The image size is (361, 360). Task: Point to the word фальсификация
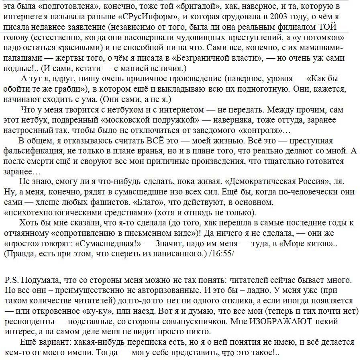pyautogui.click(x=30, y=151)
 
